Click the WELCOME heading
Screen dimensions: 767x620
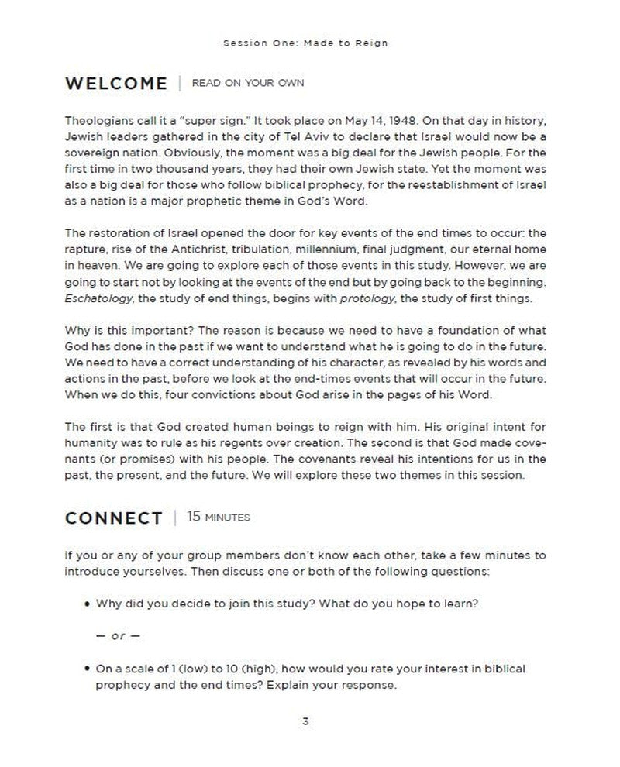coord(116,83)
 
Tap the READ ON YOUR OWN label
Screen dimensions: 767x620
coord(247,84)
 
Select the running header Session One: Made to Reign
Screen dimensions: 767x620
coord(305,43)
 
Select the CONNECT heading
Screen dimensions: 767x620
coord(115,518)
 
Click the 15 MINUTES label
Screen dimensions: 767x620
coord(219,518)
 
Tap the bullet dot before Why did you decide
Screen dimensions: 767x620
coord(87,604)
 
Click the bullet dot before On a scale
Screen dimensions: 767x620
coord(87,669)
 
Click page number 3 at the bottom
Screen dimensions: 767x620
coord(306,722)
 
